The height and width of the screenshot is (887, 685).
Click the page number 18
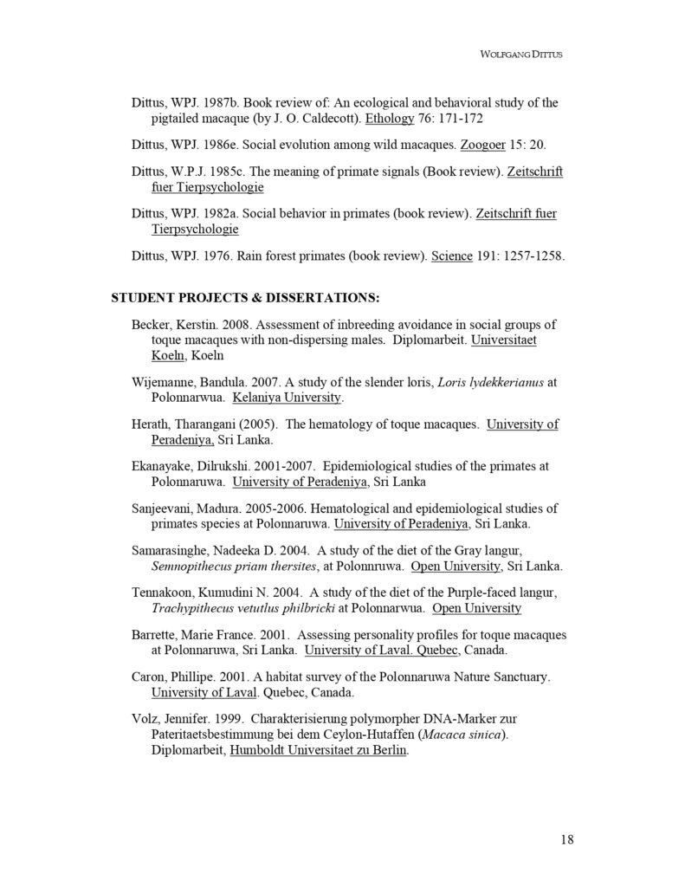567,838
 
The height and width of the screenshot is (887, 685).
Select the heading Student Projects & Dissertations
245,298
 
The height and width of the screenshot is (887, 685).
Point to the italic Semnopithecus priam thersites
229,567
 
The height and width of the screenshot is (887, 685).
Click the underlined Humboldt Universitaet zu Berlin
318,751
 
